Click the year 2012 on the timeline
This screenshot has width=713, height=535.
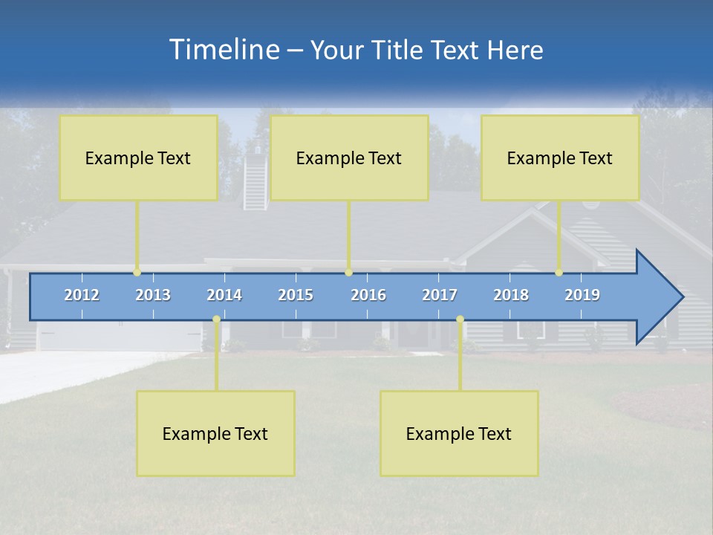pyautogui.click(x=82, y=295)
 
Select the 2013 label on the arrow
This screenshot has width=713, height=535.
pyautogui.click(x=153, y=295)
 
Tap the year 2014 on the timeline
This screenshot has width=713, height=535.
pyautogui.click(x=224, y=295)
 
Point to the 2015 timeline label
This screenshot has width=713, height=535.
pyautogui.click(x=296, y=295)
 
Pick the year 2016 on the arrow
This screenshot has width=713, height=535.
pyautogui.click(x=368, y=295)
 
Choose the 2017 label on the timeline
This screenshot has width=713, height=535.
pyautogui.click(x=440, y=295)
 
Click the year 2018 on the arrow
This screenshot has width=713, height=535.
pyautogui.click(x=511, y=295)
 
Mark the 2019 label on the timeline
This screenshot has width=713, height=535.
pyautogui.click(x=582, y=295)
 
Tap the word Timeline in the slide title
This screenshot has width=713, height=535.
pyautogui.click(x=223, y=50)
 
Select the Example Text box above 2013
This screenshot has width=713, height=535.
pyautogui.click(x=138, y=158)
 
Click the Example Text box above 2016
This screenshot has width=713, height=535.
pyautogui.click(x=349, y=158)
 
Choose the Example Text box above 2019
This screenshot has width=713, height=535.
pyautogui.click(x=560, y=158)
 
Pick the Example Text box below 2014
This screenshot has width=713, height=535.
pyautogui.click(x=215, y=433)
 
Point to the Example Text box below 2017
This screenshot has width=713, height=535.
pyautogui.click(x=459, y=433)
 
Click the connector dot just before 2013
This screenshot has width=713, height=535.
pyautogui.click(x=137, y=273)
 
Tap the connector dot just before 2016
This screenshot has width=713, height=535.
pyautogui.click(x=349, y=273)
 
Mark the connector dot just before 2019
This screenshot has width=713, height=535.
pyautogui.click(x=559, y=273)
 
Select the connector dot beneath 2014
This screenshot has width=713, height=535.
pyautogui.click(x=216, y=320)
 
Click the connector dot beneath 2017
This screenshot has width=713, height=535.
pyautogui.click(x=460, y=320)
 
